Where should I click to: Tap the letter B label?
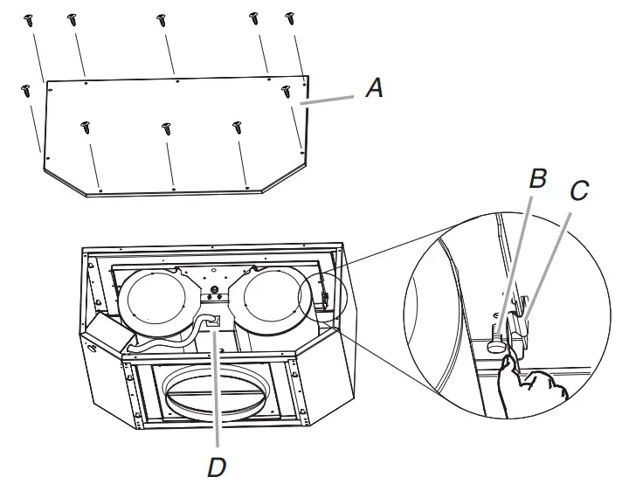[x=538, y=179]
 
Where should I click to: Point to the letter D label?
[x=216, y=467]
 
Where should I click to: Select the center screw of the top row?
[x=162, y=19]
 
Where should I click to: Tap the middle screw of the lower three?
[x=166, y=128]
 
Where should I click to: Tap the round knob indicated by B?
[x=496, y=344]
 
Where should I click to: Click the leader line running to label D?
[x=215, y=393]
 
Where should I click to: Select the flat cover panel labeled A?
[x=175, y=131]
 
